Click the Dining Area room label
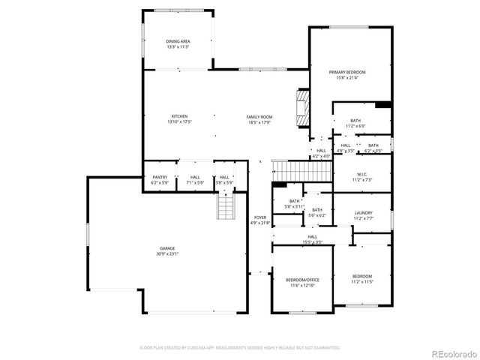click(178, 44)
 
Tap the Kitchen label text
click(179, 119)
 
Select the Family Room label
click(259, 119)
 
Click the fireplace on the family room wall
click(301, 111)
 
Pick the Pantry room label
click(160, 180)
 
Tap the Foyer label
click(259, 220)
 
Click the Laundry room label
click(363, 215)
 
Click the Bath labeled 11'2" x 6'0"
click(355, 123)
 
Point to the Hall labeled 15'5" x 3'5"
click(312, 239)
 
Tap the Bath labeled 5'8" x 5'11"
click(295, 203)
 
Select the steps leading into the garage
click(226, 205)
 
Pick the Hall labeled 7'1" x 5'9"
click(195, 180)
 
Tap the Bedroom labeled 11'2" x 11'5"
click(362, 279)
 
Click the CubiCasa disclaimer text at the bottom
click(240, 347)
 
